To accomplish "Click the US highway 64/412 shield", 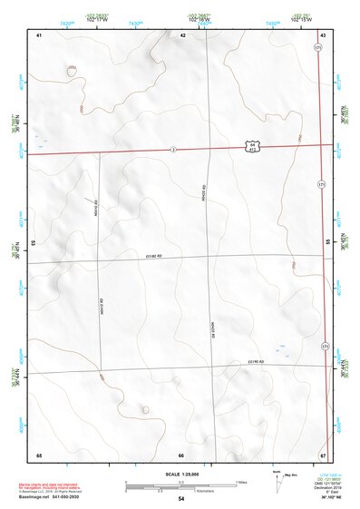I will click(249, 145).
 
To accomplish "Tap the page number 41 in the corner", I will click(39, 34).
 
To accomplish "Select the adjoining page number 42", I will click(183, 34).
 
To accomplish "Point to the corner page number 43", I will click(323, 34).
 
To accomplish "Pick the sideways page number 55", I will click(327, 243).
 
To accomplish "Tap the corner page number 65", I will click(39, 454).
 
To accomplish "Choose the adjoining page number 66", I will click(181, 454).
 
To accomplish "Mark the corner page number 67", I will click(322, 454).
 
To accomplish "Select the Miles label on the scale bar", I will click(240, 481).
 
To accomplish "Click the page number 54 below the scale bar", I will click(181, 500).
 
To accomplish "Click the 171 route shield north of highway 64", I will click(317, 47).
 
